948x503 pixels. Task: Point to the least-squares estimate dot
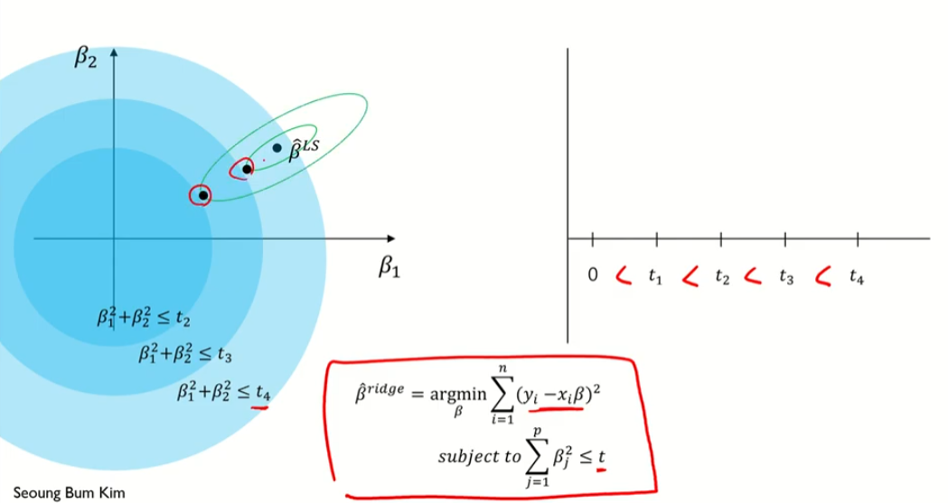pyautogui.click(x=277, y=147)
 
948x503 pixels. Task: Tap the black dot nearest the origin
pyautogui.click(x=203, y=194)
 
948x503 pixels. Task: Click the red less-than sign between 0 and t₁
pyautogui.click(x=622, y=275)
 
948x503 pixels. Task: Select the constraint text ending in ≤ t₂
pyautogui.click(x=144, y=318)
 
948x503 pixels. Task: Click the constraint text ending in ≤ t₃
pyautogui.click(x=184, y=354)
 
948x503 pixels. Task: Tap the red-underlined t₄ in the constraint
pyautogui.click(x=262, y=392)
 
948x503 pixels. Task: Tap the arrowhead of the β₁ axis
pyautogui.click(x=390, y=238)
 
